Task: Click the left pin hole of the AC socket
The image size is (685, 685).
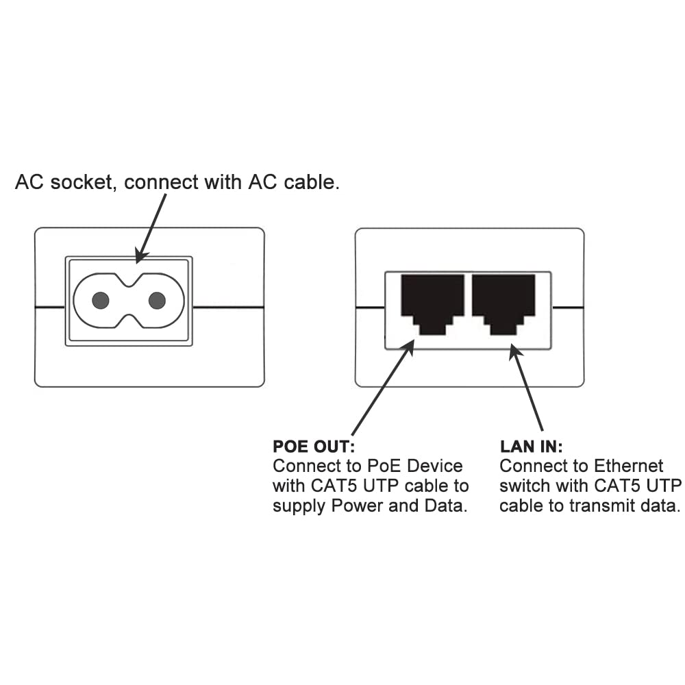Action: click(x=101, y=300)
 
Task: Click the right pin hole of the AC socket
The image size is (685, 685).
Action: click(x=157, y=300)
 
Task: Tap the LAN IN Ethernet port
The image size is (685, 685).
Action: click(x=503, y=301)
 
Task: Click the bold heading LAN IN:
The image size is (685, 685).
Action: click(x=531, y=447)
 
